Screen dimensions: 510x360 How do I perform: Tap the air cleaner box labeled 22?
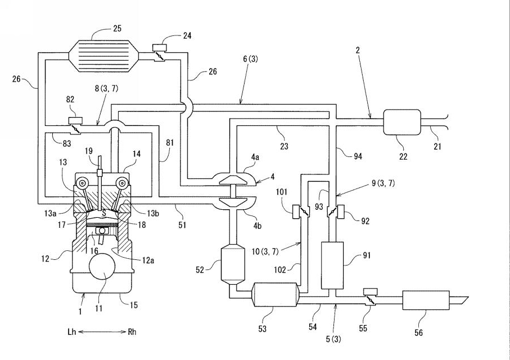click(x=402, y=122)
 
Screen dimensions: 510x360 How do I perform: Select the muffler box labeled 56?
click(x=426, y=300)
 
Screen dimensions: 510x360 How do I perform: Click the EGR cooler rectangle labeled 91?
click(x=332, y=265)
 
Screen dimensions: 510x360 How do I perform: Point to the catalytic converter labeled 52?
click(x=233, y=264)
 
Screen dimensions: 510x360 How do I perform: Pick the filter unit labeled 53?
click(x=276, y=295)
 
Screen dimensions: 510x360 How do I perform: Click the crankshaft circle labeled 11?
click(x=103, y=267)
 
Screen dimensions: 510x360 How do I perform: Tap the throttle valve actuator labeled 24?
click(x=159, y=47)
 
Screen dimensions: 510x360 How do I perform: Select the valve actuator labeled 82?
click(x=75, y=121)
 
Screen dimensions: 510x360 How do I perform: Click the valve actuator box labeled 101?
click(x=296, y=212)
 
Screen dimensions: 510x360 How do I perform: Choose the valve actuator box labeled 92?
click(x=341, y=212)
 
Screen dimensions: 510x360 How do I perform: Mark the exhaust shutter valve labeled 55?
click(x=370, y=296)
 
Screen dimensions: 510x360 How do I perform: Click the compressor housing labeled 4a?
click(x=234, y=178)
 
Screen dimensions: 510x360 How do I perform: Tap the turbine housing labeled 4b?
click(x=234, y=203)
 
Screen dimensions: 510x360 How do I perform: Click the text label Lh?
click(x=72, y=332)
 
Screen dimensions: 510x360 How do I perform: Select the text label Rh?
click(x=132, y=332)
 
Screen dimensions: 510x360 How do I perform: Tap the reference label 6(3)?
click(x=250, y=59)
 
